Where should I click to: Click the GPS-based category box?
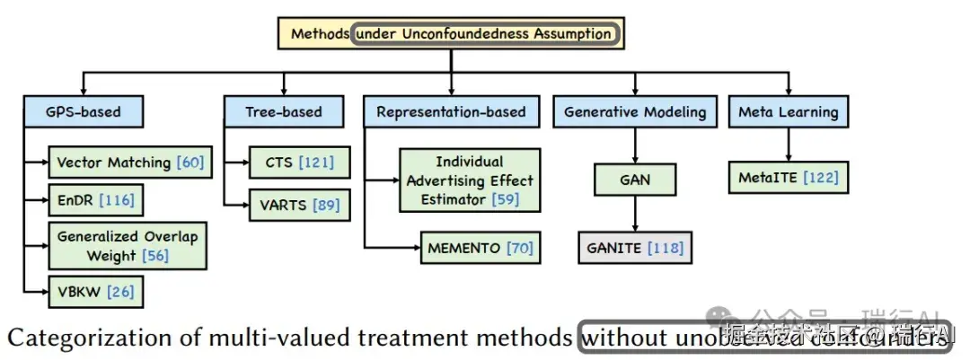(x=83, y=112)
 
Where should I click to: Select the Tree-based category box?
(x=283, y=112)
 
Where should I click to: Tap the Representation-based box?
(x=451, y=112)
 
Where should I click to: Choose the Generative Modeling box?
(x=635, y=112)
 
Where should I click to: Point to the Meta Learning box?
(x=788, y=112)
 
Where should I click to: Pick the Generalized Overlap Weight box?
(x=128, y=245)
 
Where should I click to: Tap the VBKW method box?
(x=95, y=292)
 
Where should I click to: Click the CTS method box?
(x=299, y=162)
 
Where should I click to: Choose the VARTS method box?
(x=299, y=206)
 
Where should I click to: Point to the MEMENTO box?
(x=480, y=248)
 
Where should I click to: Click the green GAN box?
(x=634, y=180)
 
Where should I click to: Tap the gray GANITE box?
(x=637, y=249)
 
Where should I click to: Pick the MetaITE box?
(x=788, y=177)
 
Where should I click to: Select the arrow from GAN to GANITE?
(x=635, y=214)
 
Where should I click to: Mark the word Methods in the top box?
(x=320, y=34)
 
